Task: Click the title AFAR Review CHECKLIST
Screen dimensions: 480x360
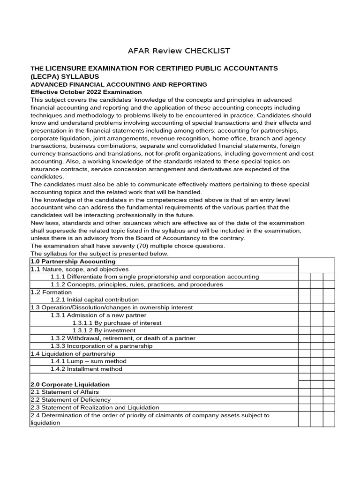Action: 180,51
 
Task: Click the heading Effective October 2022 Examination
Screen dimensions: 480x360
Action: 86,92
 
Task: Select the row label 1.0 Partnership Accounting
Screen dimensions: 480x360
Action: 73,262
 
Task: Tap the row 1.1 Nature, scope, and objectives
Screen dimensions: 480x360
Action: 79,269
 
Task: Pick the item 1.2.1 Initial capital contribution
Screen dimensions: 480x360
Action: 95,300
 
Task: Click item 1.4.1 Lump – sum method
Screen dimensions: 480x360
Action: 89,361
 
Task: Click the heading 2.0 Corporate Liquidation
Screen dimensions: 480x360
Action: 70,384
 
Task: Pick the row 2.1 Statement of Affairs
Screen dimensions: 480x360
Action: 65,392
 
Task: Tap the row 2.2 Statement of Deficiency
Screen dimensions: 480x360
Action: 70,400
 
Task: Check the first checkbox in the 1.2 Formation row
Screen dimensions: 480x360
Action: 305,292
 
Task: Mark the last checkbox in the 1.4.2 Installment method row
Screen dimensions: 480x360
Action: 329,369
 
